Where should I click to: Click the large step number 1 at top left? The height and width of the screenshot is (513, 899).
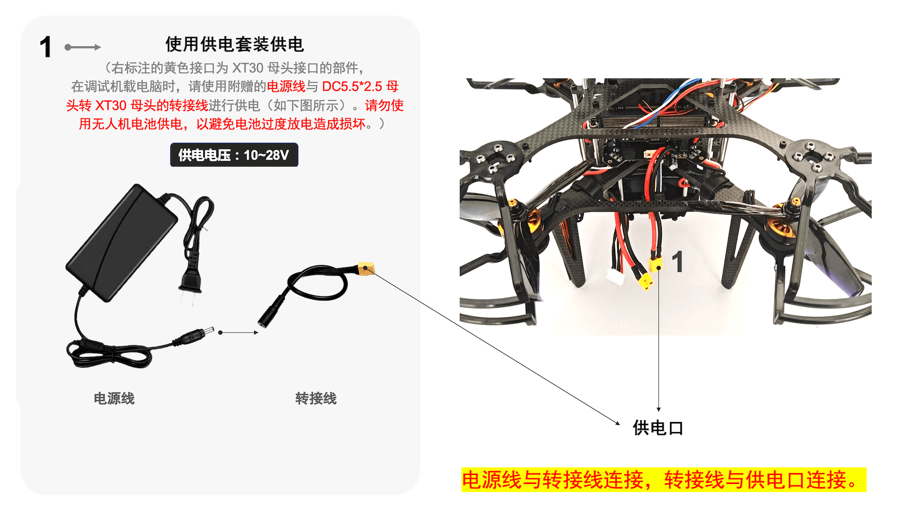(45, 47)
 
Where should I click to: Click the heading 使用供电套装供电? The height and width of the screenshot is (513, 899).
(235, 44)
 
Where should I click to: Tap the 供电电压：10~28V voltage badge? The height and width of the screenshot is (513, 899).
(234, 155)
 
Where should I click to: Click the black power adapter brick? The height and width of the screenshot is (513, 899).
(122, 242)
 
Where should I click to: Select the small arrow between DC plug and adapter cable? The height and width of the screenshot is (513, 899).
(238, 332)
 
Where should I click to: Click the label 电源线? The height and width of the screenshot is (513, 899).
(114, 398)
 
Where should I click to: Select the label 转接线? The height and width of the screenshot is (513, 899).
(316, 398)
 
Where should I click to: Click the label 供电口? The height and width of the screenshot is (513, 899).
(658, 428)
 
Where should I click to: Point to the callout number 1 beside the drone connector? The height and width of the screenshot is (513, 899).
(678, 262)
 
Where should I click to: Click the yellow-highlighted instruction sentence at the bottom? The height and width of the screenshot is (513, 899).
(664, 480)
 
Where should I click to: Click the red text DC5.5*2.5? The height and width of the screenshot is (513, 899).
(352, 86)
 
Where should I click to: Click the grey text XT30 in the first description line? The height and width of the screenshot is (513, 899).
(248, 68)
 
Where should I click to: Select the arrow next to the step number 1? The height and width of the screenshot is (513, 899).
(83, 47)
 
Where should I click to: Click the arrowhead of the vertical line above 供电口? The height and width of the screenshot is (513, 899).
(659, 409)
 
